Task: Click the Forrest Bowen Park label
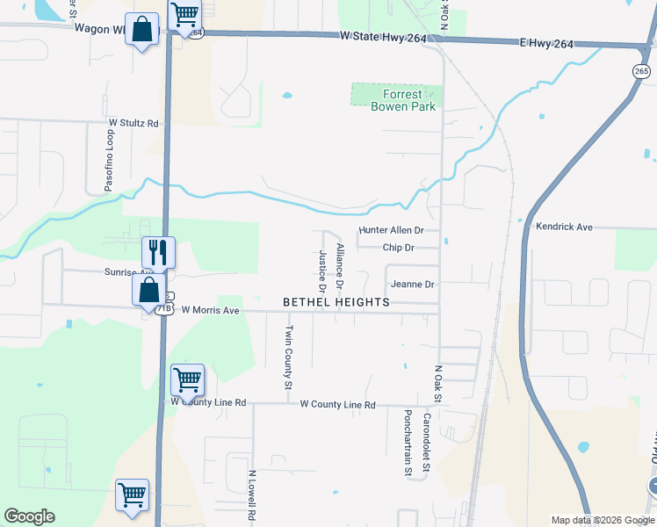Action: (x=403, y=100)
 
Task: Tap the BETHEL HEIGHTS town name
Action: (x=336, y=302)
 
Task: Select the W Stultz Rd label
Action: (x=134, y=124)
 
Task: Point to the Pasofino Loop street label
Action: (x=110, y=162)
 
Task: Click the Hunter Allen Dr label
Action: (x=392, y=230)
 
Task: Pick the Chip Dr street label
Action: (x=398, y=248)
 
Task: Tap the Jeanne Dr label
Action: (x=413, y=285)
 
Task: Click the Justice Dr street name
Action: (x=323, y=271)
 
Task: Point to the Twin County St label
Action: (x=287, y=357)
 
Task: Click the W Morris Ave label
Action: (x=210, y=311)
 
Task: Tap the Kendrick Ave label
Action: (x=564, y=227)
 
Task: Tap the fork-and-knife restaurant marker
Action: (x=158, y=251)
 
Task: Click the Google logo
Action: (x=29, y=516)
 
